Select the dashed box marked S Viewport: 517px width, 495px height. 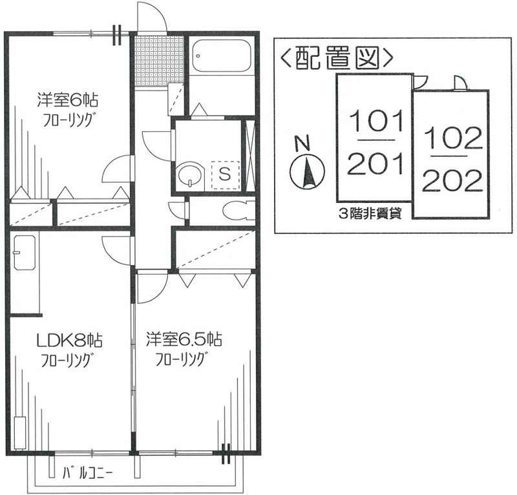tap(225, 173)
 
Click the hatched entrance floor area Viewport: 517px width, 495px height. tap(157, 60)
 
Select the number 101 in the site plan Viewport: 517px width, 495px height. tap(375, 120)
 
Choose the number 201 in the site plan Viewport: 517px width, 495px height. tap(375, 165)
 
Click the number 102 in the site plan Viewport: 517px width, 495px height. tap(453, 138)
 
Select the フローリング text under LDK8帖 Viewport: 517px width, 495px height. tap(69, 360)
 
